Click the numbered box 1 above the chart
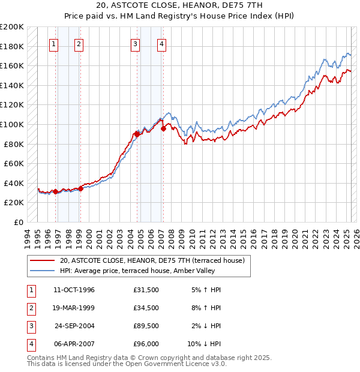(54, 43)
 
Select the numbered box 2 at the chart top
(79, 43)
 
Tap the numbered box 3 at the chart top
(136, 43)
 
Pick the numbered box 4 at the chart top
(162, 43)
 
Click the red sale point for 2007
(163, 128)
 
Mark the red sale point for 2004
(137, 134)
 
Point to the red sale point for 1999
(80, 188)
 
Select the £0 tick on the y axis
(18, 222)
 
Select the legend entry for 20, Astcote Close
(152, 261)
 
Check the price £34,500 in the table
(146, 308)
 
